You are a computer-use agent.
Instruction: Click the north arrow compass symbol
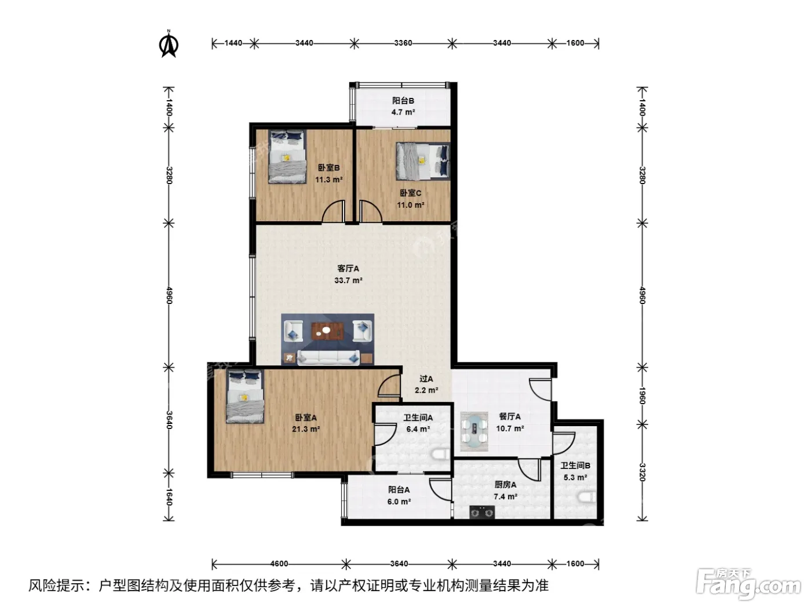169,44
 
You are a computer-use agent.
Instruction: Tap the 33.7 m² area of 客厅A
348,281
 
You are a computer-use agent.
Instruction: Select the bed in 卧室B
287,156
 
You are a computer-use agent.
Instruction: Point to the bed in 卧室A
246,397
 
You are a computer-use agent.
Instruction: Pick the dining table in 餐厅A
474,431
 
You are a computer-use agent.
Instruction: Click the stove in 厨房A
482,512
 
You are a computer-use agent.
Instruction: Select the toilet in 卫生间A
441,455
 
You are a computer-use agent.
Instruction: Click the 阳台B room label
403,100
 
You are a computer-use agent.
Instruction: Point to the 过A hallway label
426,379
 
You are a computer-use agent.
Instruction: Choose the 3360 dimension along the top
403,43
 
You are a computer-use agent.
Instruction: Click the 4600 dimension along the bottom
279,563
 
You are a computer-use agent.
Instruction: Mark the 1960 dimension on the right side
642,395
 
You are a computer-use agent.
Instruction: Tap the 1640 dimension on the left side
169,497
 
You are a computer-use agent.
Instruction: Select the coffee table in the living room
328,331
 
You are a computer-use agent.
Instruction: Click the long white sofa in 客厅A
328,357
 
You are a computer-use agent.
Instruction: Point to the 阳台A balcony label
399,490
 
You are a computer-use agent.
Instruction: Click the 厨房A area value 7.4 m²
506,497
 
